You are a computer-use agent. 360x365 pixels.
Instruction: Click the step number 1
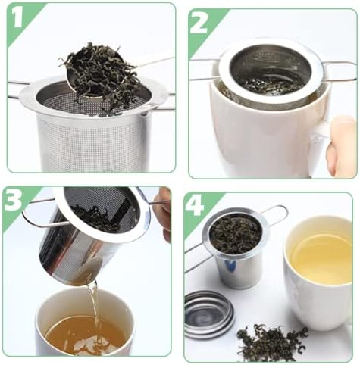click(x=18, y=18)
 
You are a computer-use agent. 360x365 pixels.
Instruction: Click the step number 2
click(x=199, y=24)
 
